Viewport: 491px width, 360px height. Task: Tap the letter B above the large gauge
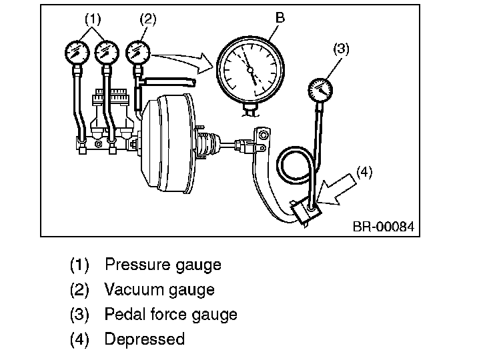[x=280, y=18]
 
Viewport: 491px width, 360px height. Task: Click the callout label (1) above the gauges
[x=91, y=20]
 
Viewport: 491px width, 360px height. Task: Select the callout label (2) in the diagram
[x=148, y=20]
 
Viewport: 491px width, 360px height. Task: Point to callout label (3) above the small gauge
[x=341, y=49]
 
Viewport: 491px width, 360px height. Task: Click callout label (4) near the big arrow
[x=364, y=172]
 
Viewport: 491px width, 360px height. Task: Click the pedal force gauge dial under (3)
[x=322, y=90]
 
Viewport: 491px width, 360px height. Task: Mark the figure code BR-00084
[x=383, y=227]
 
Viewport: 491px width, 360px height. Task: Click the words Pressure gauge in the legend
[x=163, y=265]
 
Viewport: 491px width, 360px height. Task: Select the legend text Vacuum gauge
[x=159, y=289]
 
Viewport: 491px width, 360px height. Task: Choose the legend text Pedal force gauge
[x=171, y=314]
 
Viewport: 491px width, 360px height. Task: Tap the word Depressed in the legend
[x=145, y=339]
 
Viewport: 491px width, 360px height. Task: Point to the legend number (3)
[x=79, y=314]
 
